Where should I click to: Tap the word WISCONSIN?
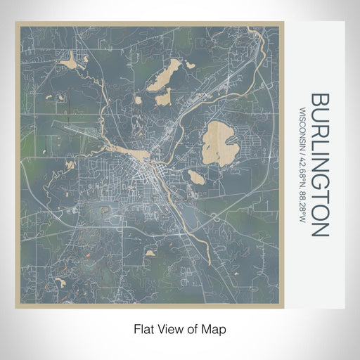point(302,125)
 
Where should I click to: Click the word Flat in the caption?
point(143,328)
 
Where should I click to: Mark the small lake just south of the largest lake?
point(199,179)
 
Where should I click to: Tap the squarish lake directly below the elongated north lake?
point(163,99)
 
